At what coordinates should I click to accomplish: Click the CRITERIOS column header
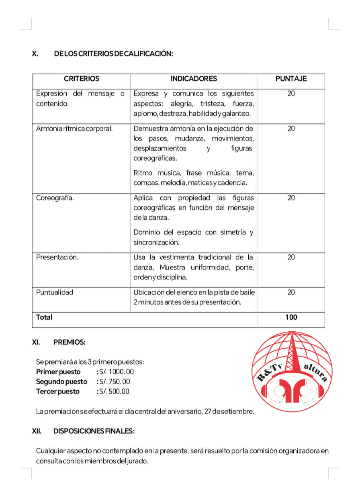tap(81, 79)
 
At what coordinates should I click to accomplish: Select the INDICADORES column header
tap(194, 79)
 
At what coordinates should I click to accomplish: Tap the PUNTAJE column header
tap(291, 79)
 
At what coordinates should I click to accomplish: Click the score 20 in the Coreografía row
tap(291, 198)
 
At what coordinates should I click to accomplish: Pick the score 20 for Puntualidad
tap(291, 292)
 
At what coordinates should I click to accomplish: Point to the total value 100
tap(291, 317)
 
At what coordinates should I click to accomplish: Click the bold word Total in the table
tap(44, 317)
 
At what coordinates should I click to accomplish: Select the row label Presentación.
tap(57, 257)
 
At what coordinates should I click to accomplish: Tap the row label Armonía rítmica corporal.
tap(74, 129)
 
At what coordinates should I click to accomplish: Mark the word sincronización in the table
tap(156, 243)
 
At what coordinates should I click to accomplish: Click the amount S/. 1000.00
tap(117, 372)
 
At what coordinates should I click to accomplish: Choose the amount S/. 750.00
tap(115, 382)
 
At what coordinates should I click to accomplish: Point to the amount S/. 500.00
tap(115, 392)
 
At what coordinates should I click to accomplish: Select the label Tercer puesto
tap(58, 392)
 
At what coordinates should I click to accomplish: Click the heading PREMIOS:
tap(69, 343)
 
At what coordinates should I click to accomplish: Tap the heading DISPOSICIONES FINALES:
tap(94, 431)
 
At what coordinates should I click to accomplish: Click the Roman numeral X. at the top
tap(35, 54)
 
